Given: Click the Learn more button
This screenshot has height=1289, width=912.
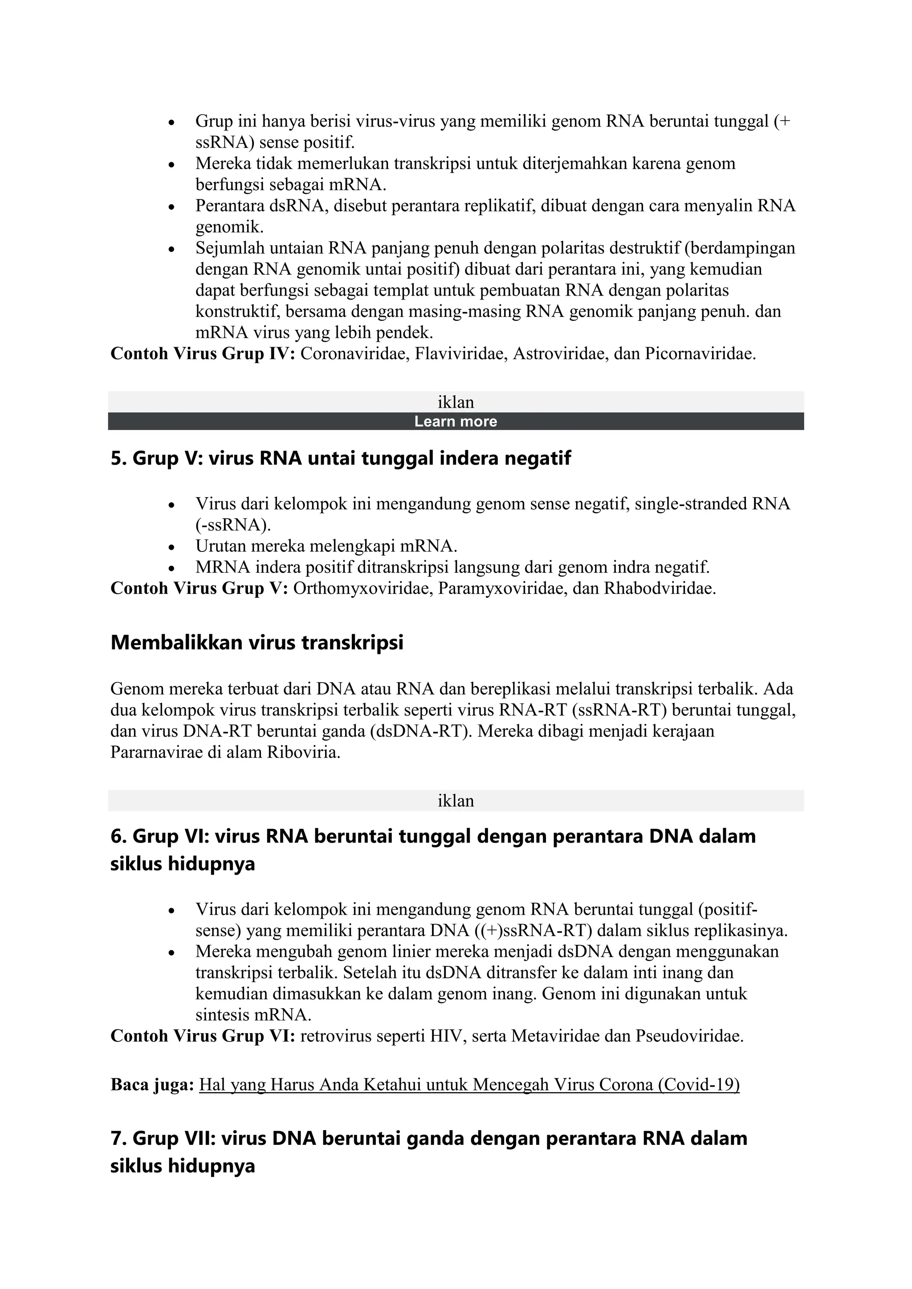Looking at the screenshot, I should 456,422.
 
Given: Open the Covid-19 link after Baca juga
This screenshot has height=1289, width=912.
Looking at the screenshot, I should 469,1084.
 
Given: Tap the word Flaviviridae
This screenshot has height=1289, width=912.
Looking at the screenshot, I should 460,354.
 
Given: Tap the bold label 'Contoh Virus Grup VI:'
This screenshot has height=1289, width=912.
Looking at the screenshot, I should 203,1036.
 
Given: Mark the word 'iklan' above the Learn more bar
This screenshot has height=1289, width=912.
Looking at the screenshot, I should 456,402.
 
